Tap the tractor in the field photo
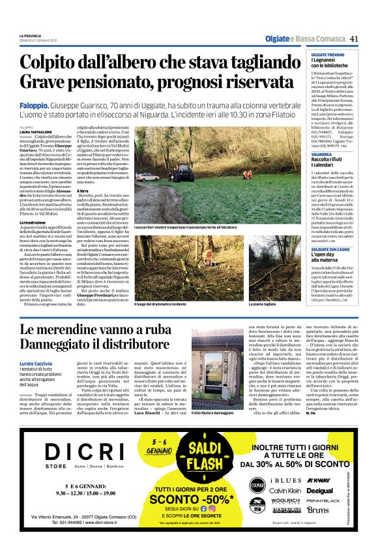coord(164,154)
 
